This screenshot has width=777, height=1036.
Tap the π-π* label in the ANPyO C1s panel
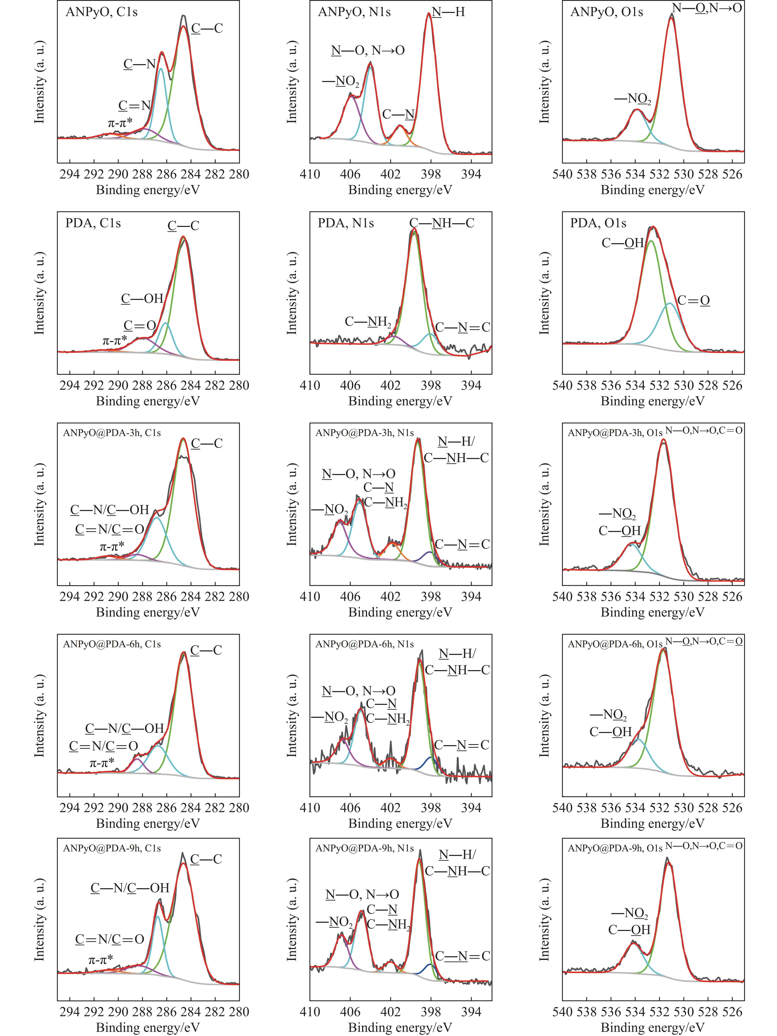(120, 123)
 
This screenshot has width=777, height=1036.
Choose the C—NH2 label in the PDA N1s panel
(368, 322)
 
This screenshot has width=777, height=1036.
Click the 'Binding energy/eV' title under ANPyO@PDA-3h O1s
(652, 612)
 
